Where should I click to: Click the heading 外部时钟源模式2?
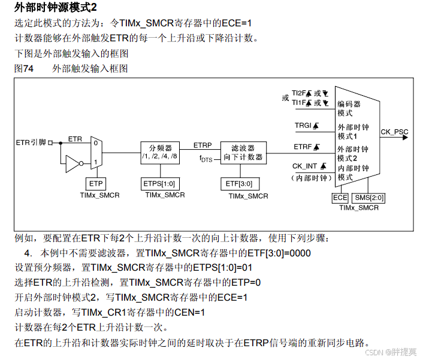[55, 8]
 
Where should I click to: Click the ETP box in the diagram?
[96, 183]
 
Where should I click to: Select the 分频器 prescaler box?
[160, 152]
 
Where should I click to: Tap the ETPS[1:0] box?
[159, 183]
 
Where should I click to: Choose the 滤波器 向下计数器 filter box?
[243, 152]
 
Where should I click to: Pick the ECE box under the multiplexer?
[340, 197]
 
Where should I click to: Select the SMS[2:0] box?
[369, 197]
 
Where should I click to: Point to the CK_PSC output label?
[395, 131]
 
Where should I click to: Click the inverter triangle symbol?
[73, 162]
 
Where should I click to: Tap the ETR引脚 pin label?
[31, 143]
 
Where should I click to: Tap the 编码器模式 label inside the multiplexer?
[349, 108]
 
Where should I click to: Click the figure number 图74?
[24, 68]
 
